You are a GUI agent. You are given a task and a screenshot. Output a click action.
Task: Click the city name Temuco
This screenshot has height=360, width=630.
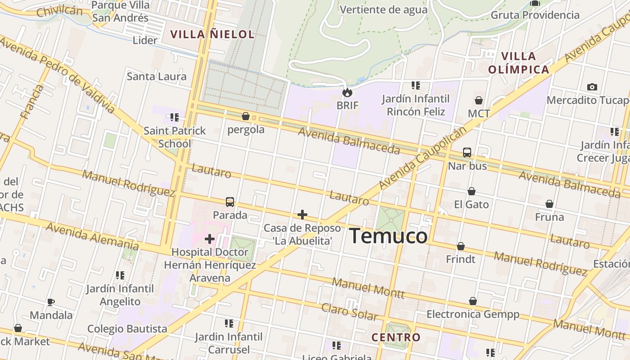point(388,236)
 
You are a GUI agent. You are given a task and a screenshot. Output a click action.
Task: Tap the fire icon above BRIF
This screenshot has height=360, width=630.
point(347,93)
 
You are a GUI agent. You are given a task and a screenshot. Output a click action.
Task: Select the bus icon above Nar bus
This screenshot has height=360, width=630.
point(467,153)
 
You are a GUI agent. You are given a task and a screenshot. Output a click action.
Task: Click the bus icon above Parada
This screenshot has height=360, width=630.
point(230,202)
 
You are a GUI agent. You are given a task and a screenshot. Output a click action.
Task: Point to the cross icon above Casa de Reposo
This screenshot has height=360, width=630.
point(302,214)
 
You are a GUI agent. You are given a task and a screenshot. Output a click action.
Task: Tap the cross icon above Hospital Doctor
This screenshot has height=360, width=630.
point(210,238)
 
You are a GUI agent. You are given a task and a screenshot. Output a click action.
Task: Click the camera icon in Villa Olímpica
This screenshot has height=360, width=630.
point(592,87)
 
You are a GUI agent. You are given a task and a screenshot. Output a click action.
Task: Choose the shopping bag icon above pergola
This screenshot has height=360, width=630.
point(246,117)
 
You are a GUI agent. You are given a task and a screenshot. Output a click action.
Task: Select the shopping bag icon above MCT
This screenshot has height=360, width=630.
point(479,100)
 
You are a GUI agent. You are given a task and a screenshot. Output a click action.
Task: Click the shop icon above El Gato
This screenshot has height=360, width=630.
point(472,191)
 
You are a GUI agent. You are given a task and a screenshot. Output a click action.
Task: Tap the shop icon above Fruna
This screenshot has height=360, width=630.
point(549,204)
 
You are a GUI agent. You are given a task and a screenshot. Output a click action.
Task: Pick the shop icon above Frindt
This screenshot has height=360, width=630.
point(461,246)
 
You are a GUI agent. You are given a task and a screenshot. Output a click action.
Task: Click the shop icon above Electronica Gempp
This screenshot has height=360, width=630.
point(473,301)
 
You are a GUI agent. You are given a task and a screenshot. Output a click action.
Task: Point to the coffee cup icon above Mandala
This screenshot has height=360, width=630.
point(51,302)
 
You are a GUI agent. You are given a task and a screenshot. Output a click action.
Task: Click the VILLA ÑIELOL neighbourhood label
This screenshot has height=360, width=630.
point(212,34)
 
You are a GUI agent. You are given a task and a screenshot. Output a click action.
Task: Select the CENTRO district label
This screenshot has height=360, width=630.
point(396,337)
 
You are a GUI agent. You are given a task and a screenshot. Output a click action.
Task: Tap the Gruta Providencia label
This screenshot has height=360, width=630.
point(535,15)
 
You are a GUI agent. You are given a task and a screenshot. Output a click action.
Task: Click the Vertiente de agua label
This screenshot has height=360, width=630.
point(383,9)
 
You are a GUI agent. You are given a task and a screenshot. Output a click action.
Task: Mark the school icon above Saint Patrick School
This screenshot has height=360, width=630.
point(175,117)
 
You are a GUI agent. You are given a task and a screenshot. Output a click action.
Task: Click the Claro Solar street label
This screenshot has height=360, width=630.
point(349,311)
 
